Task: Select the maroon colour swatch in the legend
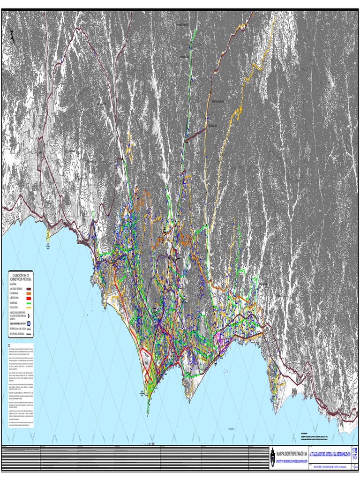tap(28, 289)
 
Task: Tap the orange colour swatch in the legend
tap(28, 293)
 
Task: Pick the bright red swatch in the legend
tap(28, 298)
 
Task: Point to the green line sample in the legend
tap(28, 303)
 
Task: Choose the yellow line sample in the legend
tap(28, 308)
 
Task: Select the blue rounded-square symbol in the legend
tap(28, 323)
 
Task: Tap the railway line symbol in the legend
tap(28, 330)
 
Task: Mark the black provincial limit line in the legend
tap(28, 335)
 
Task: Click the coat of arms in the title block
tap(273, 458)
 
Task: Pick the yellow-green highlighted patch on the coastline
tap(48, 233)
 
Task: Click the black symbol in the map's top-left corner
tap(11, 35)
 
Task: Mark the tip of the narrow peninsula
tap(147, 415)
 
